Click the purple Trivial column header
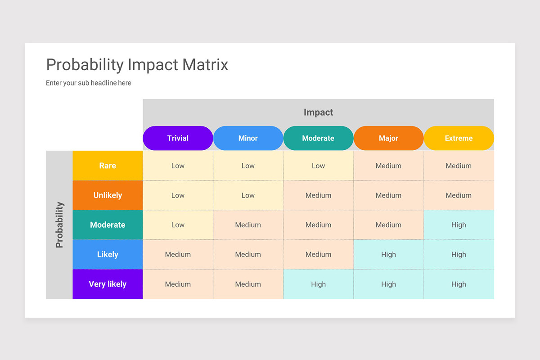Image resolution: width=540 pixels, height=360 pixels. coord(178,138)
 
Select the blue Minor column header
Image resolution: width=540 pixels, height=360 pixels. coord(248,138)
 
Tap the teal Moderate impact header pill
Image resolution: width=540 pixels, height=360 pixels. coord(318,138)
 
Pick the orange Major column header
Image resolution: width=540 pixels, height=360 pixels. coord(388,138)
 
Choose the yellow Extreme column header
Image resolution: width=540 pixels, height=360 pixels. coord(459,138)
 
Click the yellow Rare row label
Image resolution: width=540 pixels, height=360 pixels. coord(108,166)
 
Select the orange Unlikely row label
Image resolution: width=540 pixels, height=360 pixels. coord(108,195)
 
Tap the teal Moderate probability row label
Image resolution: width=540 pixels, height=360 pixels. coord(108,225)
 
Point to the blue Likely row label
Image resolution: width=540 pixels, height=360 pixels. coord(108,254)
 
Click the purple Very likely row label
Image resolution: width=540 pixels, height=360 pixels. coord(108,284)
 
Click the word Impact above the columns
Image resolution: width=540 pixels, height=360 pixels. coord(318,112)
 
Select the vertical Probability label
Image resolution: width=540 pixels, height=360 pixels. coord(59,225)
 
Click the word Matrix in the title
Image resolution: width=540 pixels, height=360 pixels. coord(205,65)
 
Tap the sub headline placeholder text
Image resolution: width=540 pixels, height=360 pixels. coord(89,83)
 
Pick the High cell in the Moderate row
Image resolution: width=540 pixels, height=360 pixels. coord(459,225)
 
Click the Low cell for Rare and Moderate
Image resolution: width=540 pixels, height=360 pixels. coord(318,166)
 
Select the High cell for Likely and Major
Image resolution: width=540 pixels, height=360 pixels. coord(388,254)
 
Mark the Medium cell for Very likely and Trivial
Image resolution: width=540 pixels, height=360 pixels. coord(178,284)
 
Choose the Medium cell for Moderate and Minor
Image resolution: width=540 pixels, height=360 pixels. coord(248,225)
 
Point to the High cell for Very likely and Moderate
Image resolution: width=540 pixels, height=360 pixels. coord(318,284)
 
